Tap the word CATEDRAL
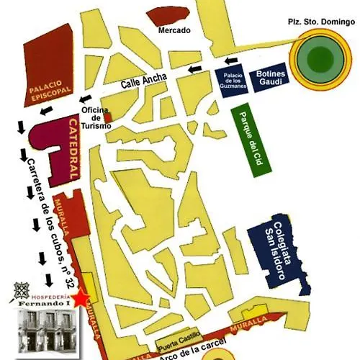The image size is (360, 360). click(x=73, y=150)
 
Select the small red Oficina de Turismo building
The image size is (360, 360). click(x=108, y=117)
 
